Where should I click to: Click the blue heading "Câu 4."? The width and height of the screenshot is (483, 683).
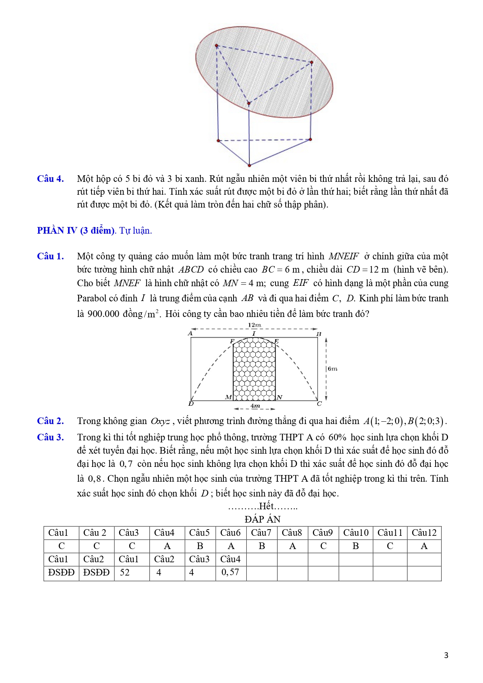[50, 179]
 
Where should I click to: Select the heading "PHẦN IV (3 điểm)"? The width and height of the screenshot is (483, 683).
[76, 231]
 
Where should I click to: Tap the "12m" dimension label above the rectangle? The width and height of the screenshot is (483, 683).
[255, 325]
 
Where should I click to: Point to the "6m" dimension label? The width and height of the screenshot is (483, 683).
[332, 369]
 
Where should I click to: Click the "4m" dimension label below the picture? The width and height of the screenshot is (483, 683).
[255, 406]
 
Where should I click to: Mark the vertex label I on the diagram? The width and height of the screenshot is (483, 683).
[254, 334]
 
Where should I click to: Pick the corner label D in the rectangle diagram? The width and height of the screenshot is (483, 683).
[191, 404]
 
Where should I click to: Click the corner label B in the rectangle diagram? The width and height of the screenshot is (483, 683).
[318, 334]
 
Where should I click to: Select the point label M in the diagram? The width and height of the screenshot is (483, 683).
[228, 397]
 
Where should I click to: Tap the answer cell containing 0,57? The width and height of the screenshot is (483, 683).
[230, 572]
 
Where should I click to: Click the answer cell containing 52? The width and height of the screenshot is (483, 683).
[125, 572]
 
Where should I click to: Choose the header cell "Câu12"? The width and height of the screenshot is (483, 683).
[424, 533]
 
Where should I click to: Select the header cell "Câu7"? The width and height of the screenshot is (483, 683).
[261, 533]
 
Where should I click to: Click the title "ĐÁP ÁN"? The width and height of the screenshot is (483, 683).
[263, 519]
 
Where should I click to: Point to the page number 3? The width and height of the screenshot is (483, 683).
[446, 655]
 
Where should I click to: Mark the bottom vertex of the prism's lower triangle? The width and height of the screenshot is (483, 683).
[249, 165]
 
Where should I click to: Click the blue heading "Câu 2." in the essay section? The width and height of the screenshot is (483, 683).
[50, 421]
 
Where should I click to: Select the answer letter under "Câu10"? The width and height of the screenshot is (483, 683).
[356, 546]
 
